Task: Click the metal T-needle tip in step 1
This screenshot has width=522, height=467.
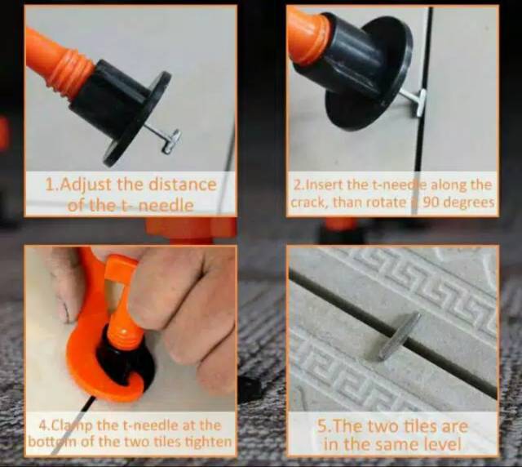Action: pos(171,141)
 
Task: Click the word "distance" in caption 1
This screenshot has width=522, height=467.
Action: pos(182,185)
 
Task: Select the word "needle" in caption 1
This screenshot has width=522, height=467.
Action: pos(166,205)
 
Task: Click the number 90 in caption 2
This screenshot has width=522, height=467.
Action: pos(430,202)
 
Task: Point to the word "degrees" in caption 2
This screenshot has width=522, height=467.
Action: pos(467,202)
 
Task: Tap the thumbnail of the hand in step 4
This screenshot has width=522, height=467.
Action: pos(64,309)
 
